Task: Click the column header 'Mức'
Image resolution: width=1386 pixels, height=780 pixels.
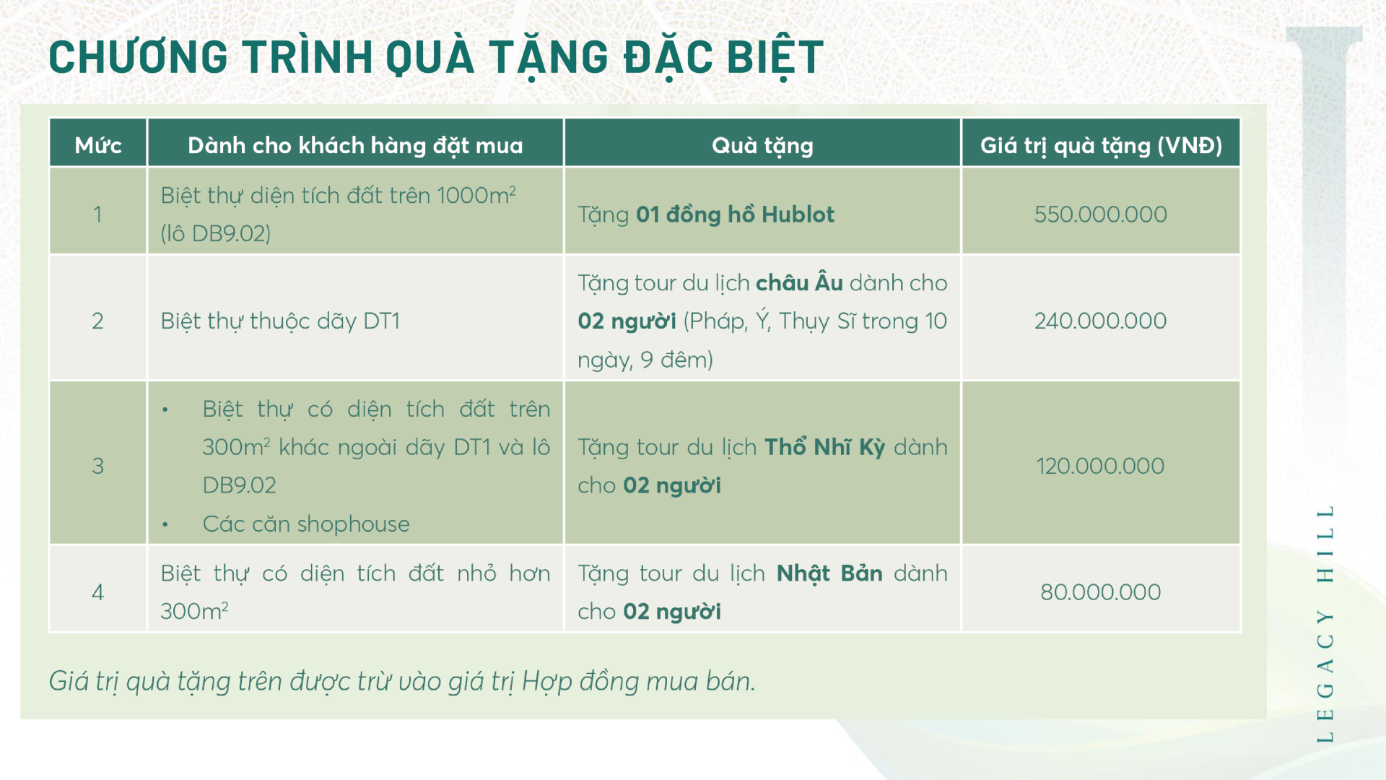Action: pos(98,145)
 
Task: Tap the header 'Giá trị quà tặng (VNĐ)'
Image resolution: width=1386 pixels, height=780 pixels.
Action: pos(1101,146)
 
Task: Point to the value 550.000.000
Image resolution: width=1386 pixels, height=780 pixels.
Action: pos(1100,214)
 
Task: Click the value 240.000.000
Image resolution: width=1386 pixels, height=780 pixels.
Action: pos(1100,321)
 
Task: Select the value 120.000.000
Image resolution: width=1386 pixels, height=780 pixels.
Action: pos(1100,466)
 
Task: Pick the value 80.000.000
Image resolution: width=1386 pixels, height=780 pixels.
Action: pos(1100,592)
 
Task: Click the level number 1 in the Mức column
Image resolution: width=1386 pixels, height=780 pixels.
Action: pos(97,214)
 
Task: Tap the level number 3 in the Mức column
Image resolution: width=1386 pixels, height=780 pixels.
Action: pos(97,466)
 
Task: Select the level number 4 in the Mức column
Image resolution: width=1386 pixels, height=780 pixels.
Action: pos(97,592)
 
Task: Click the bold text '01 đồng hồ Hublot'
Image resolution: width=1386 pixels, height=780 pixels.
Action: pos(735,214)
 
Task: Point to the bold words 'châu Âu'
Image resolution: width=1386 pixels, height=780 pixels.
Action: pos(799,282)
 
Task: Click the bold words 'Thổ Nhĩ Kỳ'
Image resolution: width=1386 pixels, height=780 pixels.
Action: pos(824,446)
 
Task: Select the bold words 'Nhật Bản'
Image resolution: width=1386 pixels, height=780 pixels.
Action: pos(829,573)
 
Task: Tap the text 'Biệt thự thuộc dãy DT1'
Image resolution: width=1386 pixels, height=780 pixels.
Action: pos(280,321)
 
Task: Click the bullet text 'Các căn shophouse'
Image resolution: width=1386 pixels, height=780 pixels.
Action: pos(306,524)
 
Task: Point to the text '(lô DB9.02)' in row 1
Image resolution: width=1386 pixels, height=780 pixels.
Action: pos(216,233)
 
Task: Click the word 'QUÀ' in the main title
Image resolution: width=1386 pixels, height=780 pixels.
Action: pos(430,57)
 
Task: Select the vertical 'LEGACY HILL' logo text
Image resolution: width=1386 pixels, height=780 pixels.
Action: pos(1325,623)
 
